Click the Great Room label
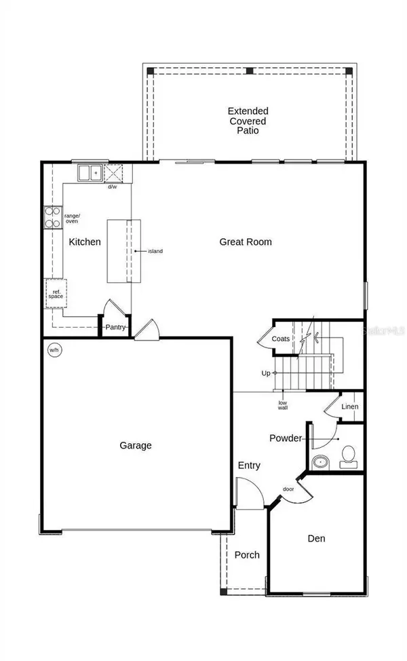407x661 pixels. pos(246,242)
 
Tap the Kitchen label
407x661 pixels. pos(85,242)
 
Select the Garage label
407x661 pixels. pos(136,446)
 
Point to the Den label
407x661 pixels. pos(316,538)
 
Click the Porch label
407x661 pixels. pos(247,554)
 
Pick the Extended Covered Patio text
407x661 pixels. pos(248,120)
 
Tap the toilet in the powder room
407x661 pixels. pos(348,455)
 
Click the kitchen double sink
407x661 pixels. pos(90,173)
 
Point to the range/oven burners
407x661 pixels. pos(52,216)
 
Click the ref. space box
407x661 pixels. pos(55,294)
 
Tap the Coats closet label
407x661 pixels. pos(281,339)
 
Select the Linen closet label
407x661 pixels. pos(349,407)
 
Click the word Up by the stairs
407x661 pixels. pos(266,373)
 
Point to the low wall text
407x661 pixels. pos(283,406)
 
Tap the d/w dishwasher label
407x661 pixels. pos(112,187)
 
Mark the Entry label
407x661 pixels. pos(249,466)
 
